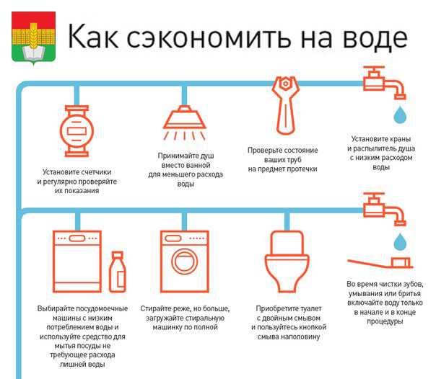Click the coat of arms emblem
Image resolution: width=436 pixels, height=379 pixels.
tap(33, 38)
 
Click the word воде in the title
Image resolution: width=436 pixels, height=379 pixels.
tap(375, 38)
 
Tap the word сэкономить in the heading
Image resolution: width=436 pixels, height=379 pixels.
tap(209, 38)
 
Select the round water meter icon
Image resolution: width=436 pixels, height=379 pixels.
tap(77, 131)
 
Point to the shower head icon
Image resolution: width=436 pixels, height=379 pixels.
tap(184, 122)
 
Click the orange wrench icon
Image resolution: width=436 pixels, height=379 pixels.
tap(285, 106)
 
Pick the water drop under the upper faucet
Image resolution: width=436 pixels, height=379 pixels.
tap(400, 115)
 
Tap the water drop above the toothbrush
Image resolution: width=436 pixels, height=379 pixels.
tap(400, 241)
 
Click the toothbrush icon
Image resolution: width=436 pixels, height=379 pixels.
tap(380, 263)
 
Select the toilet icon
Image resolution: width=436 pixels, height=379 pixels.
tap(287, 262)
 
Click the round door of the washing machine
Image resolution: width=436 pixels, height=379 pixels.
tap(184, 262)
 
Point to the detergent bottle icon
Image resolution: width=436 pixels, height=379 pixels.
tap(117, 272)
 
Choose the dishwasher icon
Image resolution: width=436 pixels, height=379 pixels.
tap(77, 262)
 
